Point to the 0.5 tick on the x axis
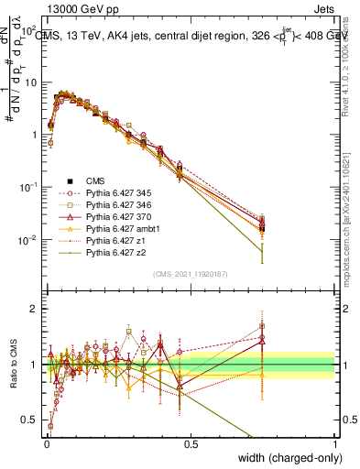click(191, 443)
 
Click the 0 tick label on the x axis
click(46, 443)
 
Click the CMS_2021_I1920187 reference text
click(191, 273)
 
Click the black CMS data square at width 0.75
click(262, 227)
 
